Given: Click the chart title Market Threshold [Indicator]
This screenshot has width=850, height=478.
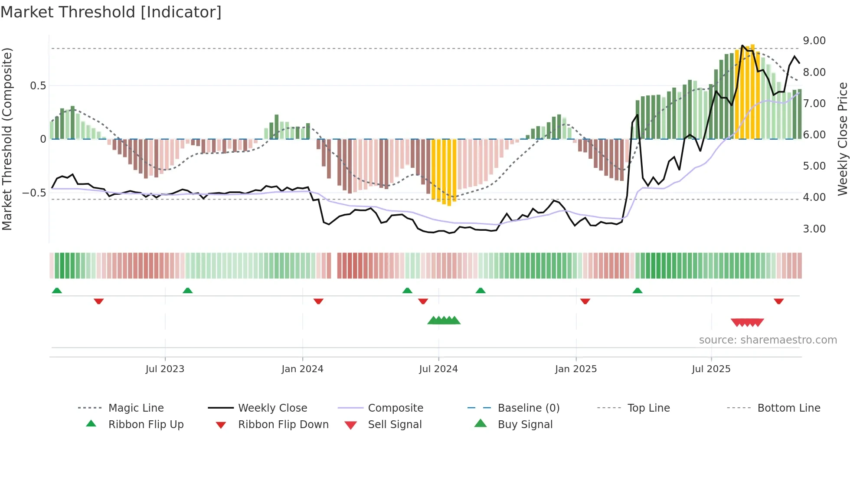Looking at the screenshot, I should coord(111,12).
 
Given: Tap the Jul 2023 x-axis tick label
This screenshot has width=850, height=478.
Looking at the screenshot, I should coord(165,369).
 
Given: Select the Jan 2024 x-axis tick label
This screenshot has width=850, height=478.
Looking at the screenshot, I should coord(302,369).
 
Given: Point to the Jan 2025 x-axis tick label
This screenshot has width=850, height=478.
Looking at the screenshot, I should coord(575,369).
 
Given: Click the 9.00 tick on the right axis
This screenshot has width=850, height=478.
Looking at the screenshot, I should coord(814,41).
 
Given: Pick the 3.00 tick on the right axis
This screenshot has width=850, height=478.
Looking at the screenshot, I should coord(814,229).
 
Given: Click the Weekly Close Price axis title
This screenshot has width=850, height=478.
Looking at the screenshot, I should coord(842,139).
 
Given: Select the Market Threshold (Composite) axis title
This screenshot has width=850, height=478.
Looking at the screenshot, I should coord(7,139).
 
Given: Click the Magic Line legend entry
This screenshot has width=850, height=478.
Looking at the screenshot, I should coord(136,408).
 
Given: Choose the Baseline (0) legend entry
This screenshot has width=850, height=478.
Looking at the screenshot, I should coord(528,408).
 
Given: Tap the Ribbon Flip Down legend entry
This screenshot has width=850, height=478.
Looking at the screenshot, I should coord(283,425).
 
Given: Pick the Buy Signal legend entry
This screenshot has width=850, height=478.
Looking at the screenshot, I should coord(525,425).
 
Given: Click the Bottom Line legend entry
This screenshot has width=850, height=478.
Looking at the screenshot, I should coord(788,408).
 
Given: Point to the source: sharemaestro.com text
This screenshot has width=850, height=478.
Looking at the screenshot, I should coord(768,340).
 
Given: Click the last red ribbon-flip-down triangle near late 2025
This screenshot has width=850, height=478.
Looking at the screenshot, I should coord(778,301).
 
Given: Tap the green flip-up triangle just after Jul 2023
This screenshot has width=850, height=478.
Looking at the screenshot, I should coord(187,291).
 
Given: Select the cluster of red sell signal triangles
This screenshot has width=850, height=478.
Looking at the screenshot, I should coord(747,322).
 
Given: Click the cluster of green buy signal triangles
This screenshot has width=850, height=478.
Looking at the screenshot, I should coord(444,321).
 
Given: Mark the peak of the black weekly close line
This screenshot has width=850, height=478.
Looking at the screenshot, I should coord(742,46).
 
